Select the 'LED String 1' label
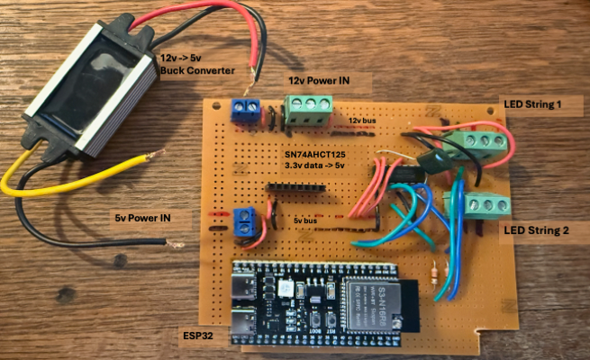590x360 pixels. (531, 104)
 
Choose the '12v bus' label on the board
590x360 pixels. (362, 118)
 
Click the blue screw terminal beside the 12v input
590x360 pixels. (243, 109)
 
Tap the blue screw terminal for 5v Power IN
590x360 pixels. (244, 222)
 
